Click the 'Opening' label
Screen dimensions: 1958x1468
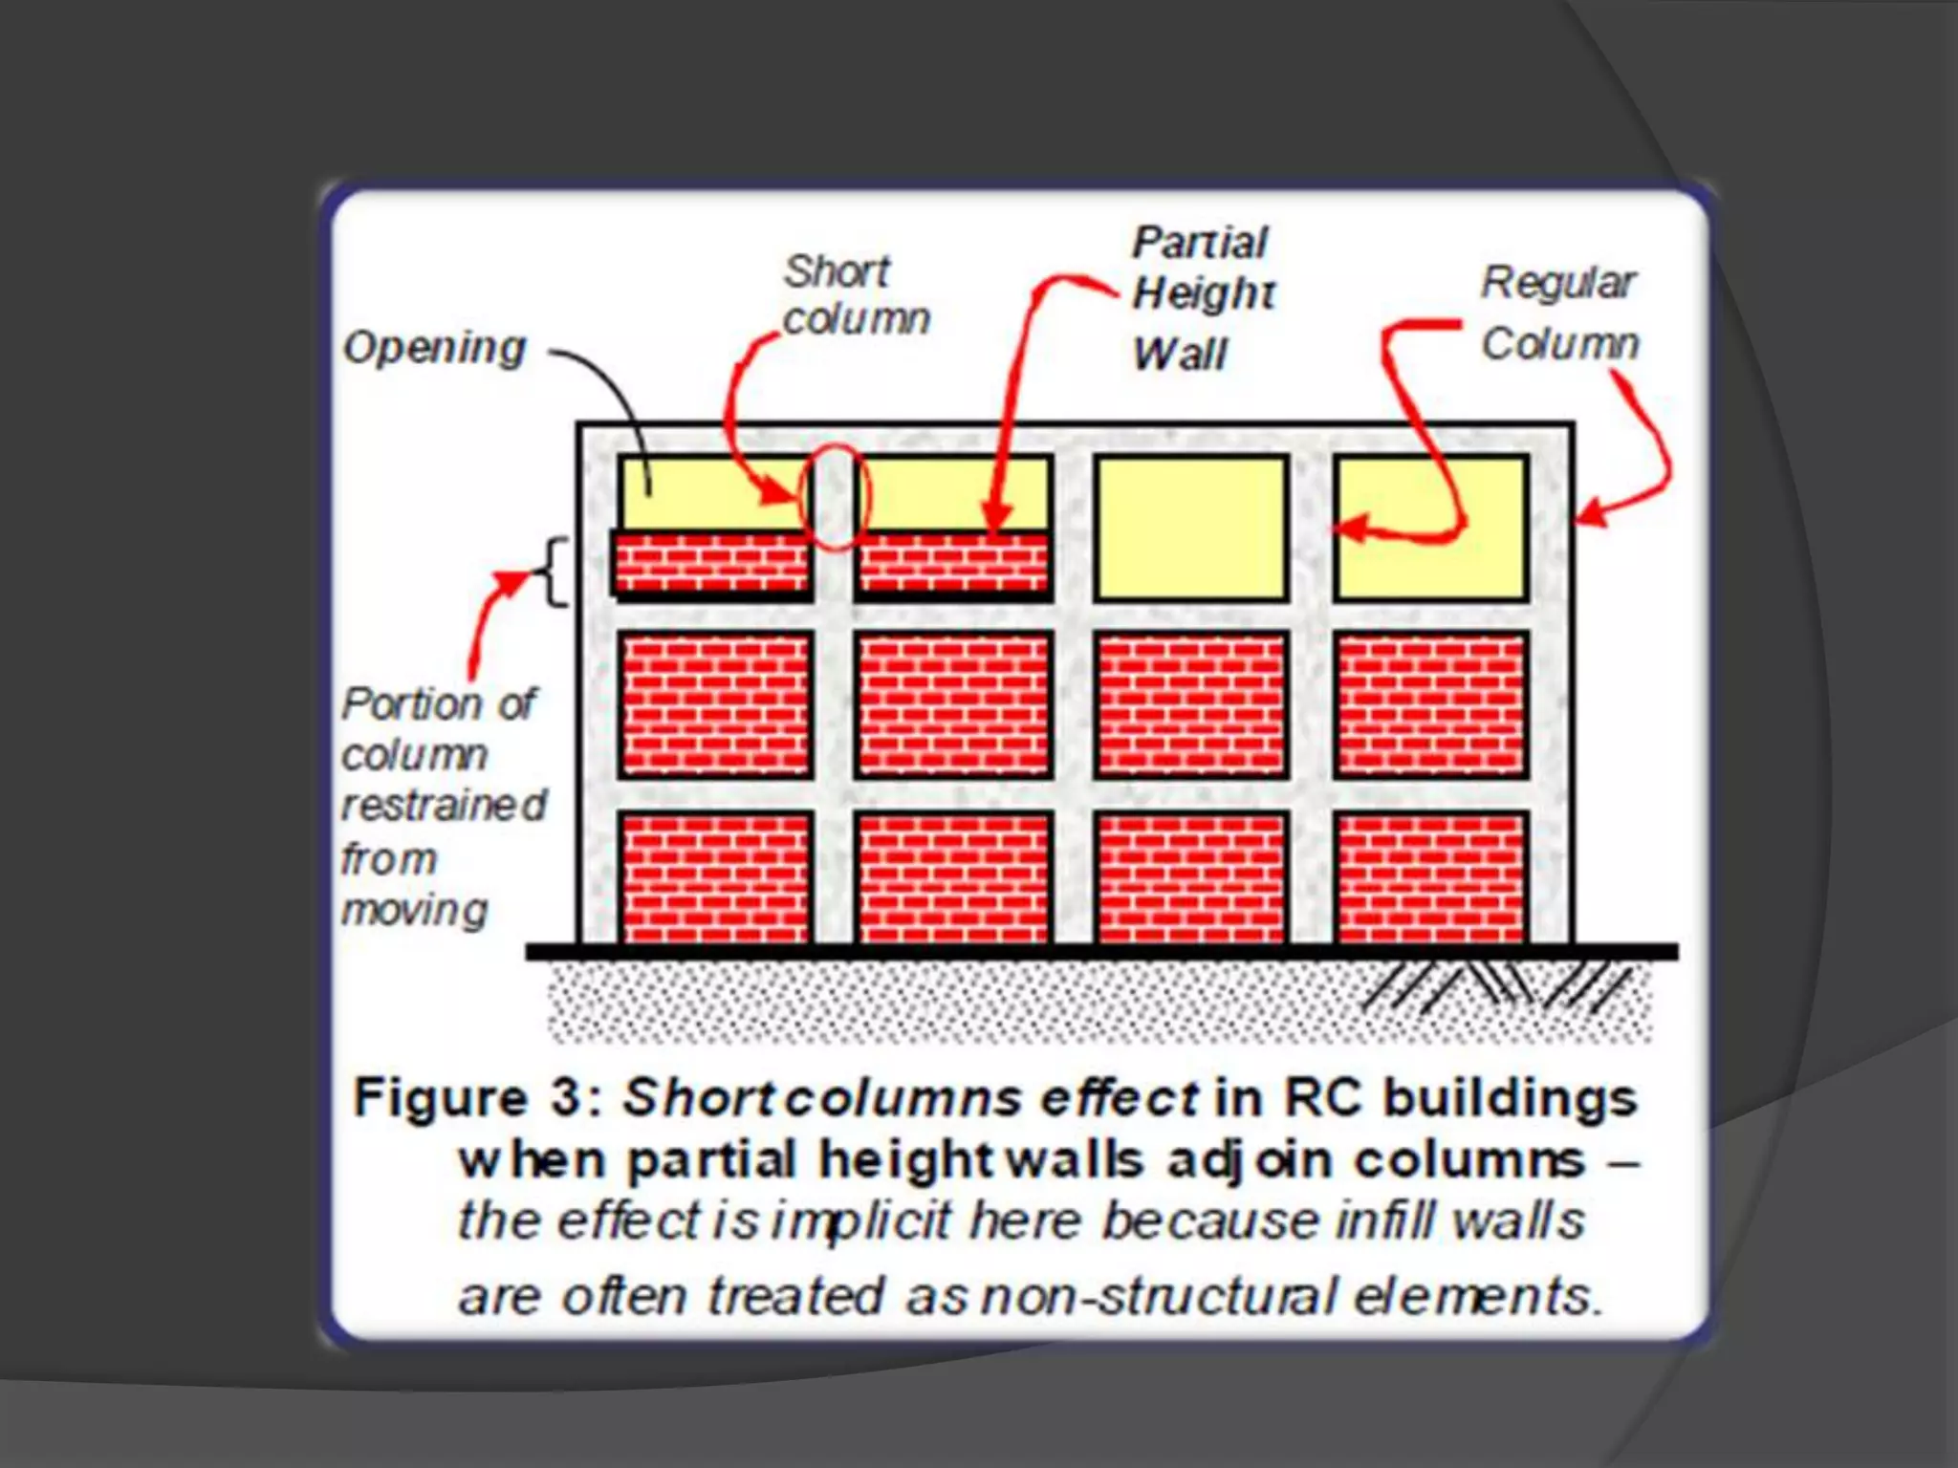[435, 348]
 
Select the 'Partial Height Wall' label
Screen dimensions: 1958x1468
[1203, 296]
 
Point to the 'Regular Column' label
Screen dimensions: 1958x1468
[1559, 313]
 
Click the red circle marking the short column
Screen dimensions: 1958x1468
[835, 497]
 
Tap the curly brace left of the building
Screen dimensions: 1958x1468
[555, 572]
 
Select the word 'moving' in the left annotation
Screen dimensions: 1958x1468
[415, 911]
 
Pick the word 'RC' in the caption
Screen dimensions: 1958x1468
[1324, 1098]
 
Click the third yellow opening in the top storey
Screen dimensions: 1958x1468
[1190, 528]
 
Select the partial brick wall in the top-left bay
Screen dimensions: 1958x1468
[712, 563]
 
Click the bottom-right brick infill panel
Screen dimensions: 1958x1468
[1430, 877]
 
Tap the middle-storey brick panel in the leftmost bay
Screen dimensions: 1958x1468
[715, 703]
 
